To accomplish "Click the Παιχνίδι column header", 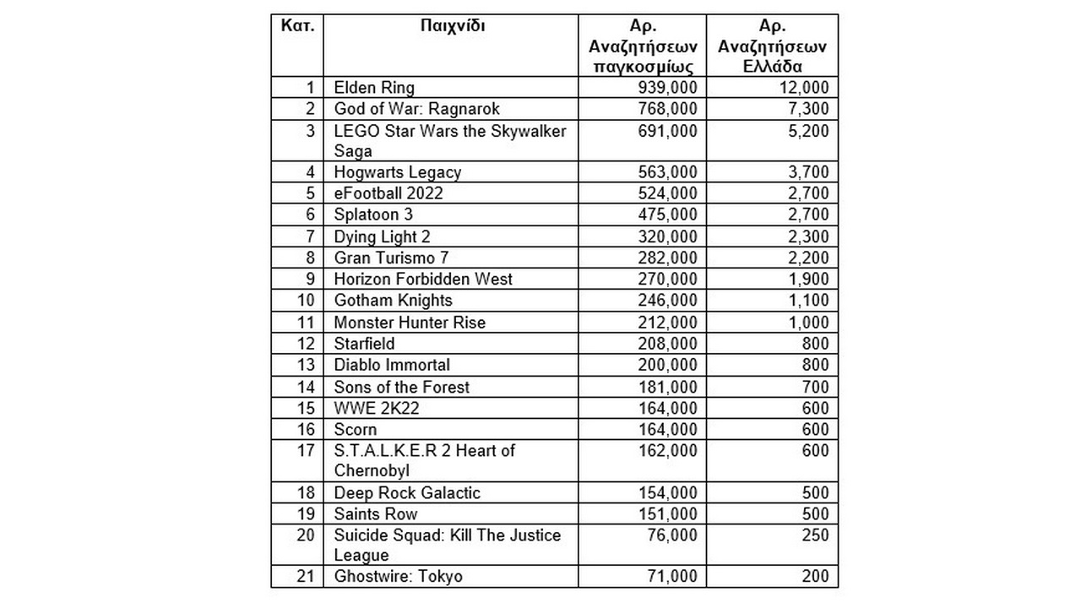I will click(x=452, y=25).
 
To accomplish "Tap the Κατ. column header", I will click(x=297, y=25).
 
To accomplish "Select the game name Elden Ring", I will click(x=374, y=88).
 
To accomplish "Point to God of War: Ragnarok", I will click(x=416, y=109).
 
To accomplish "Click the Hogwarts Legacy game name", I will click(x=397, y=172).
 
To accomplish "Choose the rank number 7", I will click(x=310, y=236).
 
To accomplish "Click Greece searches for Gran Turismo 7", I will click(x=807, y=258).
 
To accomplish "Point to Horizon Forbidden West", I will click(x=423, y=279).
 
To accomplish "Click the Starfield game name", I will click(x=364, y=344).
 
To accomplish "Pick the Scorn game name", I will click(x=356, y=429).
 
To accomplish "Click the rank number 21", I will click(x=306, y=577).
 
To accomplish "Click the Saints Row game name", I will click(x=376, y=514).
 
